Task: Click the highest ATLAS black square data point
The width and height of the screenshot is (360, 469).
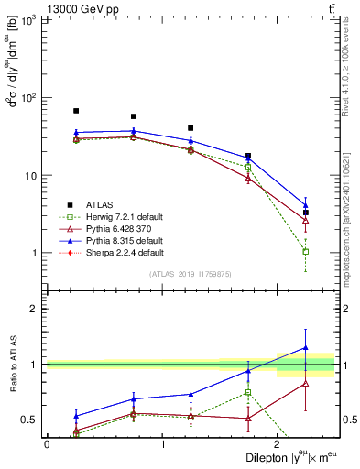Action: click(76, 111)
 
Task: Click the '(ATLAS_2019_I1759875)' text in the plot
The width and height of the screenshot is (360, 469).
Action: click(191, 273)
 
